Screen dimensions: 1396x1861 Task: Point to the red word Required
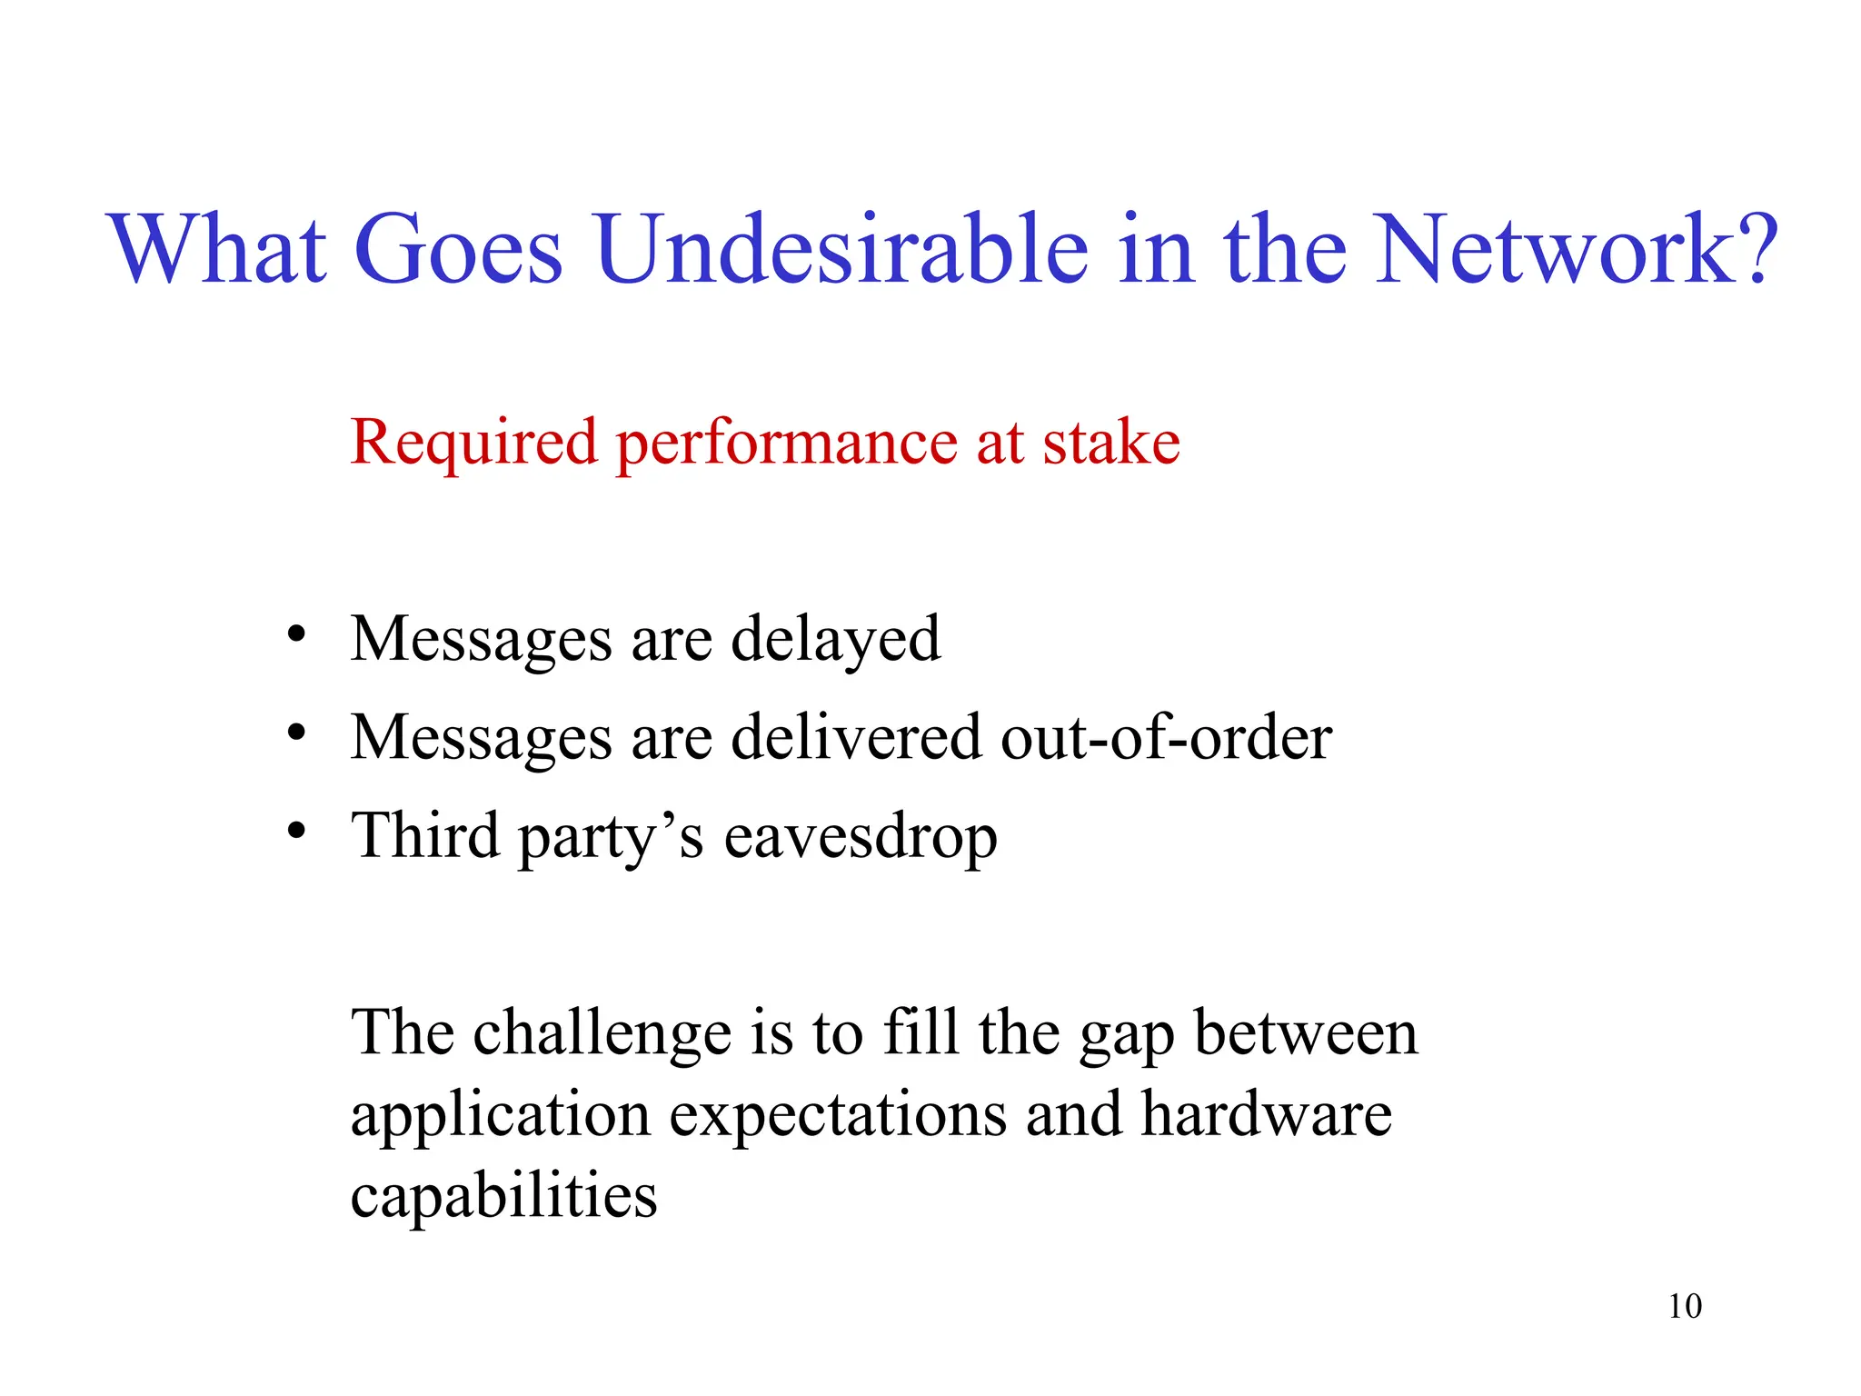tap(473, 443)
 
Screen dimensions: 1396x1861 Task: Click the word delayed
tap(835, 640)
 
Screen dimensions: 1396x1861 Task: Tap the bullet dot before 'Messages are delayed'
tap(295, 633)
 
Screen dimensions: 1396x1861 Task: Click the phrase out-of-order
tap(1166, 737)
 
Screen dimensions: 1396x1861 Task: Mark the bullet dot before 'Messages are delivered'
tap(295, 732)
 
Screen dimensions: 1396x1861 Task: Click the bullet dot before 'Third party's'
tap(295, 830)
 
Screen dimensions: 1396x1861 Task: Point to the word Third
tap(425, 835)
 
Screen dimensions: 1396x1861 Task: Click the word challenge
tap(602, 1034)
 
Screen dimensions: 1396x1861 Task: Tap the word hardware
tap(1266, 1114)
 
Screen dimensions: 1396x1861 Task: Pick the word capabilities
tap(503, 1196)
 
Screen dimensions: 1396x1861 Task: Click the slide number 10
tap(1684, 1306)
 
